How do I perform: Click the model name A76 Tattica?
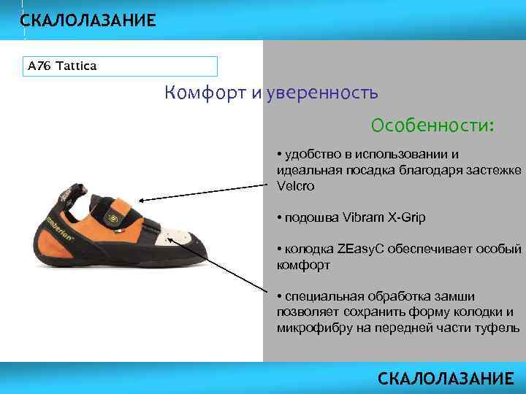pos(62,66)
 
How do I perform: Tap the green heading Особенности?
pos(432,125)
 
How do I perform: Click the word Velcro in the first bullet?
pos(294,185)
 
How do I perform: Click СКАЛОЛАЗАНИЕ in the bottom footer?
pos(446,379)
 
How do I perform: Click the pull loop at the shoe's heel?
pos(68,191)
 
